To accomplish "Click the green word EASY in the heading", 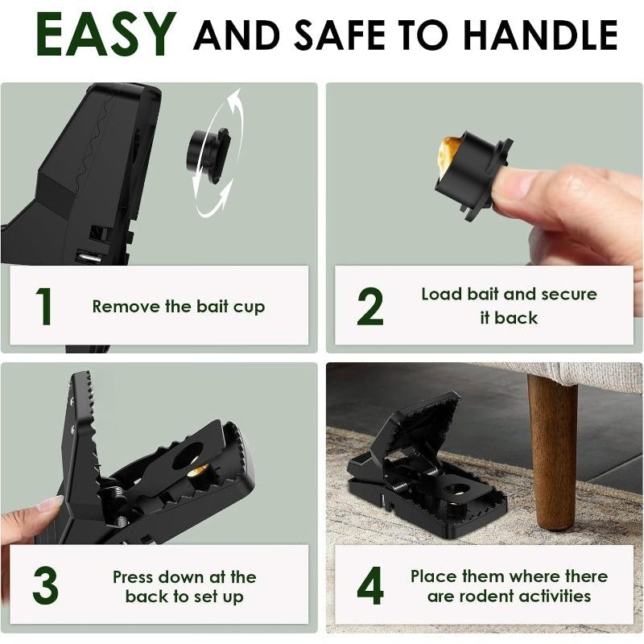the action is [106, 35].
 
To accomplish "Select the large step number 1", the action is [44, 307].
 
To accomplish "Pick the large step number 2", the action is [370, 307].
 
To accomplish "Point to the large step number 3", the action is [45, 585].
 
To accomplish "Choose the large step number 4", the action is [370, 585].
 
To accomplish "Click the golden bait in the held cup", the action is [447, 155].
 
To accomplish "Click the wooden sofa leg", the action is [552, 452].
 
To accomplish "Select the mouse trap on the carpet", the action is [427, 466].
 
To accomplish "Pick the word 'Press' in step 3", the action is [133, 577].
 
